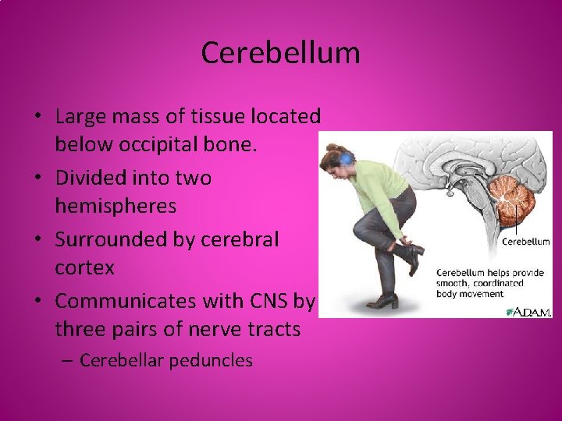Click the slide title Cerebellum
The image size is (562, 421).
point(280,53)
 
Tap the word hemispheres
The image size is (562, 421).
point(116,207)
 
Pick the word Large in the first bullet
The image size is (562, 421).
point(82,117)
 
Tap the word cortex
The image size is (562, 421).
point(84,268)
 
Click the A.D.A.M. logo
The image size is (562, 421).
point(528,310)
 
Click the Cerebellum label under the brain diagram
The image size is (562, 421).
point(525,242)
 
